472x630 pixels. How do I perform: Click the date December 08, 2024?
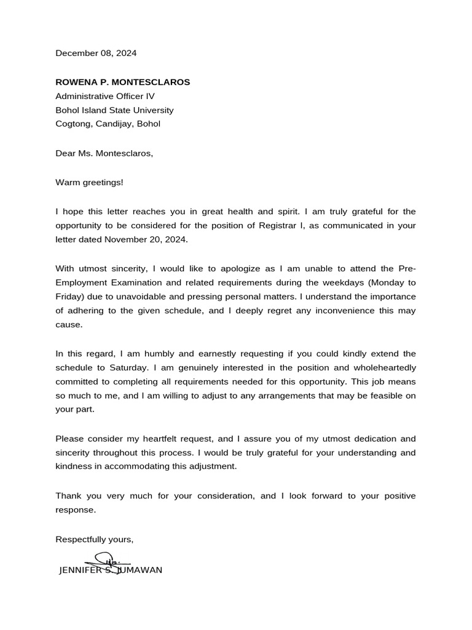point(96,54)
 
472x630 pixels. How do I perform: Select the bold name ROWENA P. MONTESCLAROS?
point(123,82)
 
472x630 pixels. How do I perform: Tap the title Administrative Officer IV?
point(105,97)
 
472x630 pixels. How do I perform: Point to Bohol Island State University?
point(114,111)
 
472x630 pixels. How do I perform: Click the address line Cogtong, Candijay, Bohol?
point(108,124)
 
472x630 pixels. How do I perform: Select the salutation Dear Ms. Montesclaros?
point(104,154)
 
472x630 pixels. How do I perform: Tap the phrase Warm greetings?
point(89,183)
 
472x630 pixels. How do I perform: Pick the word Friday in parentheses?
point(68,297)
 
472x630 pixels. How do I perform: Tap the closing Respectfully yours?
point(94,540)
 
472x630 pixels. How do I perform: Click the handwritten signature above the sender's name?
point(108,560)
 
